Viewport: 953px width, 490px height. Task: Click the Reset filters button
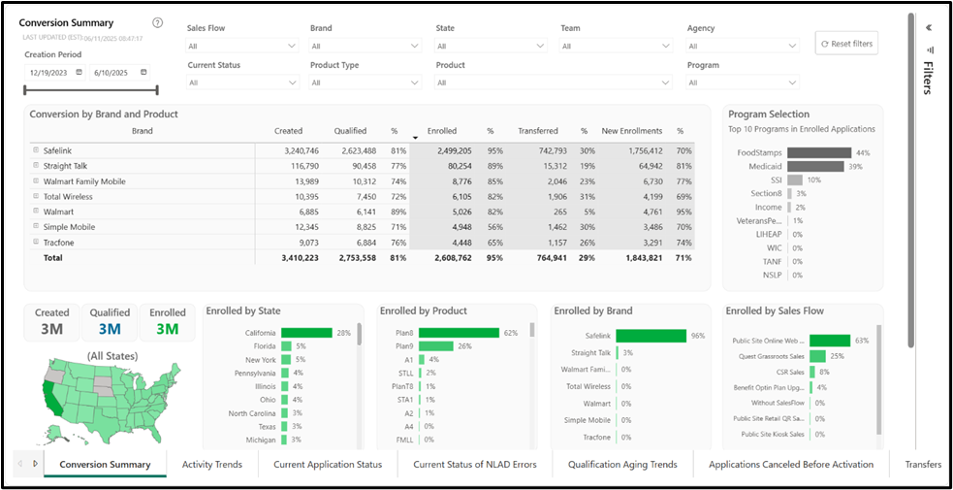point(846,44)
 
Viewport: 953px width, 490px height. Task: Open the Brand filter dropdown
point(365,46)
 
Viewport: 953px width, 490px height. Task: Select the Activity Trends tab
point(212,465)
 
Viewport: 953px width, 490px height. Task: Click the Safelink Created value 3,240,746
point(297,151)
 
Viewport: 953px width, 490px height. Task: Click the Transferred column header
point(537,131)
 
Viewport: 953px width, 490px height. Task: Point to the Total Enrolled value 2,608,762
point(448,258)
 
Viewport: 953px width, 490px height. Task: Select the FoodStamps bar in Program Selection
point(818,152)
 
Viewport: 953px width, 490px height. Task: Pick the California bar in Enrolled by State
point(306,333)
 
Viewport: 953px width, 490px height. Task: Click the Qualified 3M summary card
point(110,322)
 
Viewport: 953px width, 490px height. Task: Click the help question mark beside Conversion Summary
point(158,23)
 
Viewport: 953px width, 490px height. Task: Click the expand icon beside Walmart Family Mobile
point(36,181)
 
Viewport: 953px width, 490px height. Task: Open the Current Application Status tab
point(328,465)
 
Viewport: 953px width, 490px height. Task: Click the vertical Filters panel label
point(928,78)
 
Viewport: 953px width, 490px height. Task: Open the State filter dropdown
point(491,46)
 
